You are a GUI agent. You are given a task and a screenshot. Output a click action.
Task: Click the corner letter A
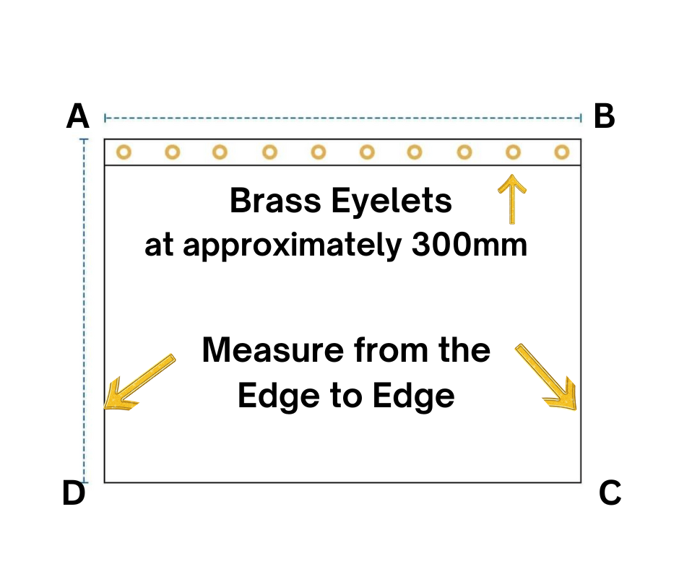(x=77, y=116)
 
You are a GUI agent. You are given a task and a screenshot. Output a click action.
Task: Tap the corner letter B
(x=604, y=116)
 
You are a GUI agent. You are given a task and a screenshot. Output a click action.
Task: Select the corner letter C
(x=610, y=493)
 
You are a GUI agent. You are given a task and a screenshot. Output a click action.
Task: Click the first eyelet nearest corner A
(x=124, y=152)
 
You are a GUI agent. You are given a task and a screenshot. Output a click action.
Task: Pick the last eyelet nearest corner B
(x=561, y=152)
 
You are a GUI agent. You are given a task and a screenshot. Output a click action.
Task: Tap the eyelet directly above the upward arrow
(x=513, y=152)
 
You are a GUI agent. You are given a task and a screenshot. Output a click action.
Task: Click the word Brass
(x=274, y=201)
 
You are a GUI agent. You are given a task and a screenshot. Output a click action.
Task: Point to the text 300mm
(x=469, y=246)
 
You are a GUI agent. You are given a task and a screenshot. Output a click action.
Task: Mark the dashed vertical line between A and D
(x=85, y=310)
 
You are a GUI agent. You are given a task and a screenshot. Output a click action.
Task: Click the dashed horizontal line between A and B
(x=343, y=117)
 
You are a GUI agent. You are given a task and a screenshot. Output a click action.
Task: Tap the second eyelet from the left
(x=172, y=152)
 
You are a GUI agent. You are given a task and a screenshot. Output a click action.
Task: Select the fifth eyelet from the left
(x=319, y=152)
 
